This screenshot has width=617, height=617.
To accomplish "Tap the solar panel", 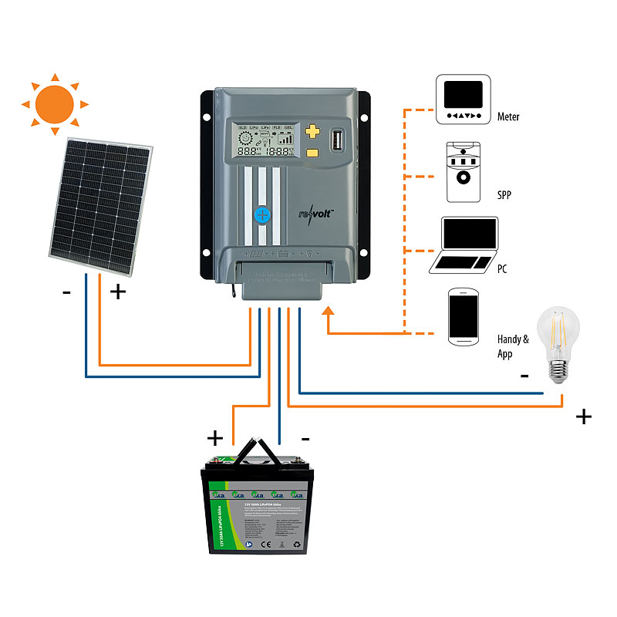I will (x=100, y=207).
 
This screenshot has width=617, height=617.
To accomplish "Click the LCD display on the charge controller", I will (x=265, y=140).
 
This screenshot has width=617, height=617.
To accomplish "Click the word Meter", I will (x=508, y=117).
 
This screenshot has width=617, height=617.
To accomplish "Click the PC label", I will (x=503, y=271).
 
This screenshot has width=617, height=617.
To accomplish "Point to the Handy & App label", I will (x=513, y=346).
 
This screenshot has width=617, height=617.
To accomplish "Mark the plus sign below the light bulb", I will (x=584, y=417).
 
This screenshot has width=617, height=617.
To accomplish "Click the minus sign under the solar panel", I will (x=67, y=292).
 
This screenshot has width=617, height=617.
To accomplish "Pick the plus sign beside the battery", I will (x=215, y=439).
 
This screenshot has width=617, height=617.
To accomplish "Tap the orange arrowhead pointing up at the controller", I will (x=329, y=311).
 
